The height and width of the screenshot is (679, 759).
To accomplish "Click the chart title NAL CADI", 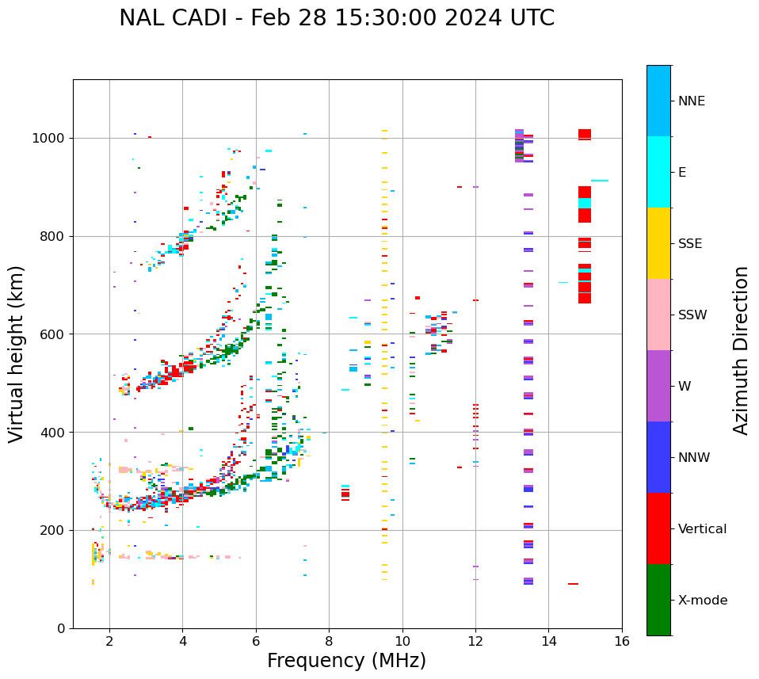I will [337, 18].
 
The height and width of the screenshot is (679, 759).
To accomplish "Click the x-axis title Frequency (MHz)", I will [346, 661].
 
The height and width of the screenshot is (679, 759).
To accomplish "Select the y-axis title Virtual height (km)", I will [17, 353].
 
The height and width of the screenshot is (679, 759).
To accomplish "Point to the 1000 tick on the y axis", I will [52, 139].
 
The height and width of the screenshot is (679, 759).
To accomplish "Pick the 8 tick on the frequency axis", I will [329, 640].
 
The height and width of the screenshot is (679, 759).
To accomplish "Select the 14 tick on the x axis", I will [548, 640].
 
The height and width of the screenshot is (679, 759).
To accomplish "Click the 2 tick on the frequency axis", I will [109, 640].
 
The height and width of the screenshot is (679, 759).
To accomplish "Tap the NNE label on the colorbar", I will [691, 101].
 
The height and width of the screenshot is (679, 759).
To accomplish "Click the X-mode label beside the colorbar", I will [702, 601].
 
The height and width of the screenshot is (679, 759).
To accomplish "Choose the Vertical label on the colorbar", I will [702, 529].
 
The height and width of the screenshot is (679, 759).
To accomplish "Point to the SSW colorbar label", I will [692, 315].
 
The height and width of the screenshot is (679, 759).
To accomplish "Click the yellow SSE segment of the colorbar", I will [658, 243].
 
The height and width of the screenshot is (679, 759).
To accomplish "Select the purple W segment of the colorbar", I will [658, 386].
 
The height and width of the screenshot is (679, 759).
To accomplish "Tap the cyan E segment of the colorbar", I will [658, 172].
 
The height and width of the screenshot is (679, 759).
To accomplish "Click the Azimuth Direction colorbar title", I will [741, 350].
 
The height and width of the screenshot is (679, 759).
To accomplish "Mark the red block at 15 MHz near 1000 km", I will [585, 134].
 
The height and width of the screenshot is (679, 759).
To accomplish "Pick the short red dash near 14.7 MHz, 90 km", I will [573, 584].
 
